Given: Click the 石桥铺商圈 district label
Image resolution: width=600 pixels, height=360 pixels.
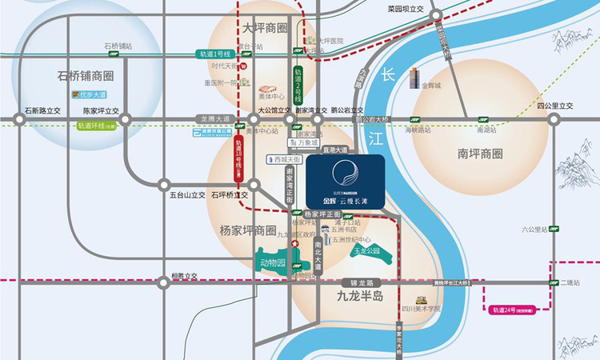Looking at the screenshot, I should (86, 77).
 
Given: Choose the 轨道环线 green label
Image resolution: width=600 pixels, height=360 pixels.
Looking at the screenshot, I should (97, 126).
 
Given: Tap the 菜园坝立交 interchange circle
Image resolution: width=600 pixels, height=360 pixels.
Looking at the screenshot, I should (436, 15).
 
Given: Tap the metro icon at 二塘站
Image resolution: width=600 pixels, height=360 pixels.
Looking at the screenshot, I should (553, 282).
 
